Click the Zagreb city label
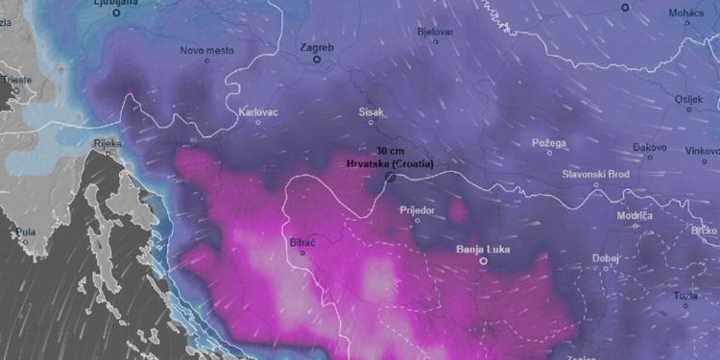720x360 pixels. pyautogui.click(x=317, y=47)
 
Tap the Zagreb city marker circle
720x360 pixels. pyautogui.click(x=317, y=60)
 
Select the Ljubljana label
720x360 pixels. pyautogui.click(x=116, y=3)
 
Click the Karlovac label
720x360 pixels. pyautogui.click(x=258, y=111)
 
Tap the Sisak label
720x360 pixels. pyautogui.click(x=371, y=112)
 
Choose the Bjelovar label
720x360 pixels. pyautogui.click(x=435, y=32)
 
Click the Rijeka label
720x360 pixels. pyautogui.click(x=107, y=144)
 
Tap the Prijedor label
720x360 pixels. pyautogui.click(x=417, y=209)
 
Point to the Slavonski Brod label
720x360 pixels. pyautogui.click(x=596, y=174)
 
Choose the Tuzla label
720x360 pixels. pyautogui.click(x=684, y=294)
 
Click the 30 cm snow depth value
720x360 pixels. pyautogui.click(x=390, y=152)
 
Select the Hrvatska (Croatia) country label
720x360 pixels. pyautogui.click(x=390, y=163)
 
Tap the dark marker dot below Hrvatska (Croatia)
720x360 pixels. pyautogui.click(x=391, y=177)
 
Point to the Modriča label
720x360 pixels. pyautogui.click(x=635, y=216)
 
